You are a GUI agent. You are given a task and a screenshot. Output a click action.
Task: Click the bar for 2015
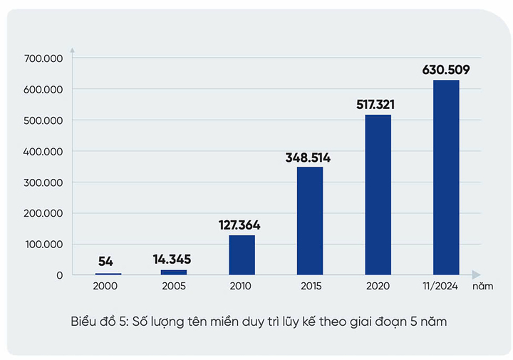point(310,220)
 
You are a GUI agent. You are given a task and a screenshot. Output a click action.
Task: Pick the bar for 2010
point(242,254)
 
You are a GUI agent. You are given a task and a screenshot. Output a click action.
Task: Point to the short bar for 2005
point(173,272)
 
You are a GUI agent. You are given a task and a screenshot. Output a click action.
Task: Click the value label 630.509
point(446,70)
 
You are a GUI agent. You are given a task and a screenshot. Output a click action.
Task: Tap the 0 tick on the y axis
point(60,275)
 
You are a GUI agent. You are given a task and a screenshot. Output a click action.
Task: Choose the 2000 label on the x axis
point(105,287)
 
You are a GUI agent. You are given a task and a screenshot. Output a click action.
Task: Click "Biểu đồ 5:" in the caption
point(99,322)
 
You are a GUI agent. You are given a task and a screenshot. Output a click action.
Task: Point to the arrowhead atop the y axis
point(73,51)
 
